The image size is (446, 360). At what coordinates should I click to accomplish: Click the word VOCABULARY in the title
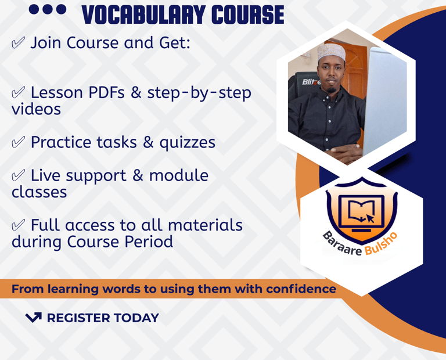pyautogui.click(x=143, y=15)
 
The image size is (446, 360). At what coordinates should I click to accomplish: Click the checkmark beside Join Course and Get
pyautogui.click(x=18, y=42)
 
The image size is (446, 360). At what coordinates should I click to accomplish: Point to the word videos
pyautogui.click(x=36, y=109)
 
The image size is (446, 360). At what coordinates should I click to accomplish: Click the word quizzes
pyautogui.click(x=187, y=143)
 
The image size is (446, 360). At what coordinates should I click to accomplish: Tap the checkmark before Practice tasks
pyautogui.click(x=18, y=142)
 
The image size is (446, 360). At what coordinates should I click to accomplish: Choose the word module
pyautogui.click(x=179, y=175)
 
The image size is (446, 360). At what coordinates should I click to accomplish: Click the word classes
pyautogui.click(x=39, y=192)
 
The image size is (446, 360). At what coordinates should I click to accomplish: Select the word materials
pyautogui.click(x=205, y=225)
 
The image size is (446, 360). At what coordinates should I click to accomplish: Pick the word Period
pyautogui.click(x=149, y=242)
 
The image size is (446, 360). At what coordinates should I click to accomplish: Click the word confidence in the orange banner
pyautogui.click(x=301, y=289)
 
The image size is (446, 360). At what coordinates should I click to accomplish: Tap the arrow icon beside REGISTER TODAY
pyautogui.click(x=34, y=318)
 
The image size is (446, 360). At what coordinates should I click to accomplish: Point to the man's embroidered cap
pyautogui.click(x=332, y=52)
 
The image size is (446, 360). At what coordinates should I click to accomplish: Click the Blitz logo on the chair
pyautogui.click(x=311, y=82)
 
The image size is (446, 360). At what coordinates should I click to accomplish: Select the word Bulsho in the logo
pyautogui.click(x=381, y=244)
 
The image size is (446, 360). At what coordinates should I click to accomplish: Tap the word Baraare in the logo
pyautogui.click(x=342, y=244)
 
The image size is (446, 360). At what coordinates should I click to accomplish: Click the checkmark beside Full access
pyautogui.click(x=18, y=225)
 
